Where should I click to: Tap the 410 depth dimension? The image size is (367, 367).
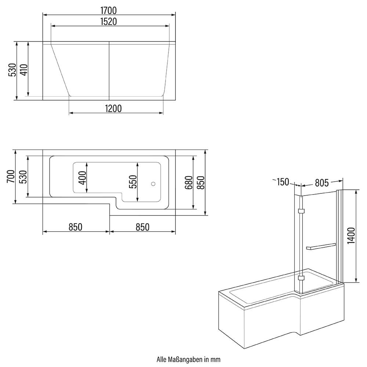(x=23, y=69)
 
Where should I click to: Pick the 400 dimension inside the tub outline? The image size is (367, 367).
(x=82, y=178)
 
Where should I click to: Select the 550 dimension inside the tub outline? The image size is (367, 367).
(x=133, y=182)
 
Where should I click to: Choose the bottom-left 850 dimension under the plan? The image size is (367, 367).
(x=75, y=227)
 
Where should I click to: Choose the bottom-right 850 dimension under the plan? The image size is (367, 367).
(x=142, y=227)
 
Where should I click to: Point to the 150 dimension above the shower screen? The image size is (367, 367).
(x=283, y=182)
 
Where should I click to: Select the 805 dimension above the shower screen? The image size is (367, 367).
(x=321, y=182)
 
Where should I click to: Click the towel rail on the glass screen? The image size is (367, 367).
(x=320, y=246)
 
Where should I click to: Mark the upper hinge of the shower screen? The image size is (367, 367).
(x=302, y=211)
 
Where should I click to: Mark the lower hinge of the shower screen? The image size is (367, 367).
(x=302, y=279)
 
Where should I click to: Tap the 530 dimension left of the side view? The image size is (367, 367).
(x=12, y=69)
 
